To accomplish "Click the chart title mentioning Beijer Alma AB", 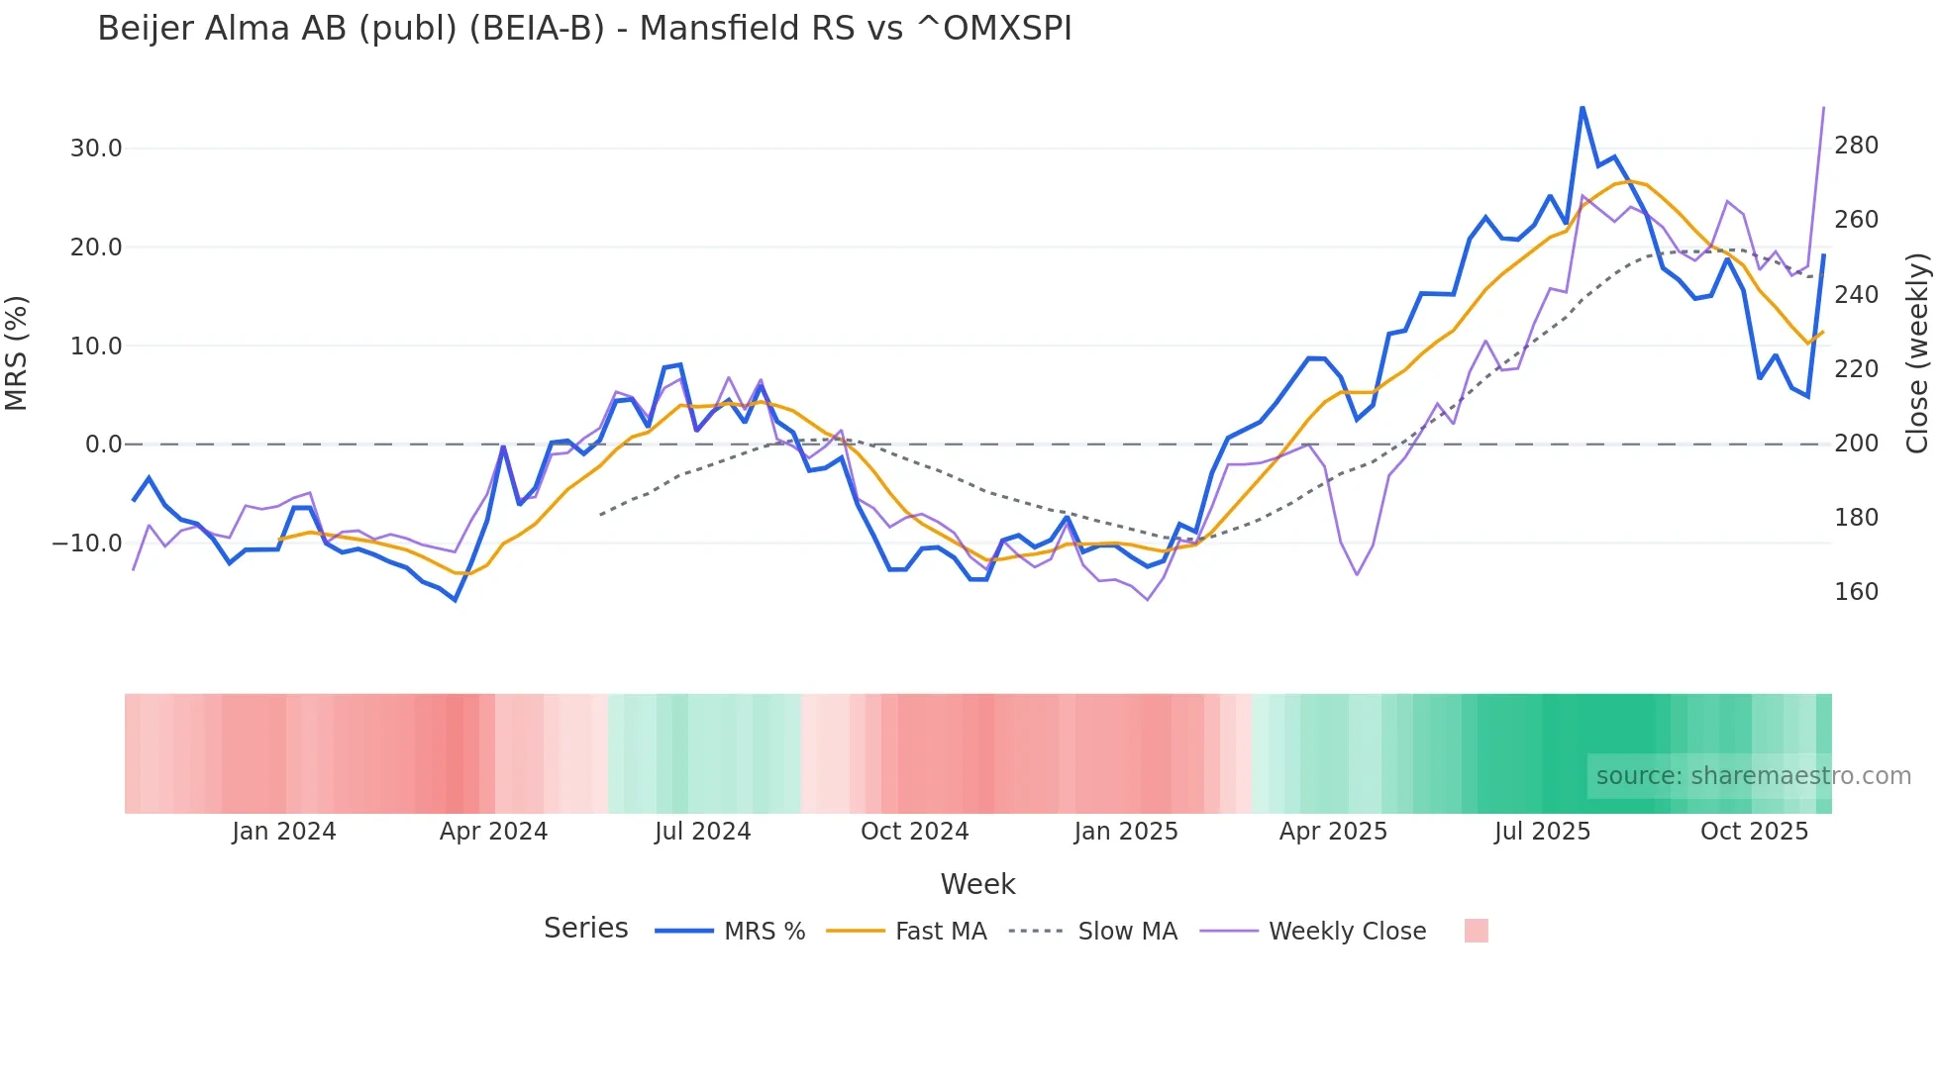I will point(584,29).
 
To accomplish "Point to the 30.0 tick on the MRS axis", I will point(96,149).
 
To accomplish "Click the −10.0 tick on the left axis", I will point(87,544).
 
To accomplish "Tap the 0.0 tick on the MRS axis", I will point(103,445).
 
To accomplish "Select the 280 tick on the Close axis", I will point(1856,146).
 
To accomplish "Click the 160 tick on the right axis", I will point(1856,592).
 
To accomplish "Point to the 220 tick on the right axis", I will point(1856,369).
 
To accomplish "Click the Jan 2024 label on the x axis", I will point(284,832).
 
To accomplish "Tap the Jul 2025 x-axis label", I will point(1542,832).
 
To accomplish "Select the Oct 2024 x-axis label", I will point(914,832).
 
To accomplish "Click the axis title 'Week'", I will point(977,884).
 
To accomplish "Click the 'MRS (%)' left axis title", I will point(17,353).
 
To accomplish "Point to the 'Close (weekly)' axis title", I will point(1918,353).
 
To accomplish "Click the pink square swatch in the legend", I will point(1476,932).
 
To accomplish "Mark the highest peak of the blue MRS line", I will point(1582,107).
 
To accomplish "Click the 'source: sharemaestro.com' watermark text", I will point(1753,776).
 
